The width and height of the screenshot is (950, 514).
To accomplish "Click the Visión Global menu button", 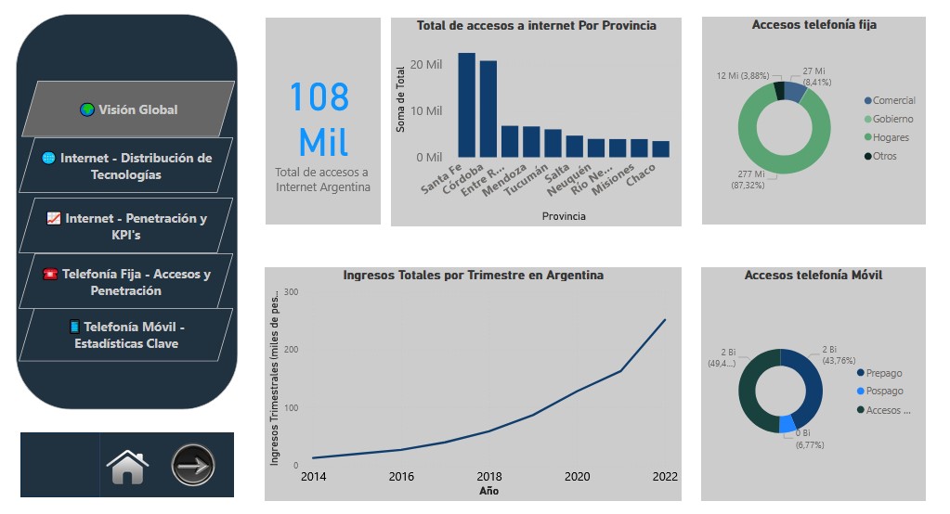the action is click(128, 109).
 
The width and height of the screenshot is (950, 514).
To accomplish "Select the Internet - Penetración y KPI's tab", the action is click(126, 225).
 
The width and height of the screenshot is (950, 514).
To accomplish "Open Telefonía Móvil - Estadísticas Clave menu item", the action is click(126, 335).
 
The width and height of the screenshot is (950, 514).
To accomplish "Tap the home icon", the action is click(127, 467).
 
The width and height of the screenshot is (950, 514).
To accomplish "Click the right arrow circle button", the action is click(193, 465).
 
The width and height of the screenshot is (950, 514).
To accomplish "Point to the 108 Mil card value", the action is click(319, 120).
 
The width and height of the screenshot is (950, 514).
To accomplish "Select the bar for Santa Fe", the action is click(466, 105).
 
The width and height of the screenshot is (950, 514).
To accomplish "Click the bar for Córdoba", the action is click(488, 109).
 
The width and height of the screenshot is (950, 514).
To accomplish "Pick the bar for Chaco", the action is click(661, 149).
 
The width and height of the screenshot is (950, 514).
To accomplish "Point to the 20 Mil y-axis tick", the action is click(426, 64).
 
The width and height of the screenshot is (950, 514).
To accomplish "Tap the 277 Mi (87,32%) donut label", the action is click(748, 179).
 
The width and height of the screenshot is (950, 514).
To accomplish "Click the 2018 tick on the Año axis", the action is click(489, 477).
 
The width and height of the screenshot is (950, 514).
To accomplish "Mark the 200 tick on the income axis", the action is click(291, 350).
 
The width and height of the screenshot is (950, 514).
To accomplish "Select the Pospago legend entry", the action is click(879, 392).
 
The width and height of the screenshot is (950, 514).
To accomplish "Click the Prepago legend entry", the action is click(879, 373).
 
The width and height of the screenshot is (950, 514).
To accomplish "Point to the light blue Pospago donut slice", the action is click(787, 424).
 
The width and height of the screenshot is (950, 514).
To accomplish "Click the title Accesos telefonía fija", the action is click(813, 25).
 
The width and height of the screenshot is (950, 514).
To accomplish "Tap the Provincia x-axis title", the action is click(564, 216).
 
